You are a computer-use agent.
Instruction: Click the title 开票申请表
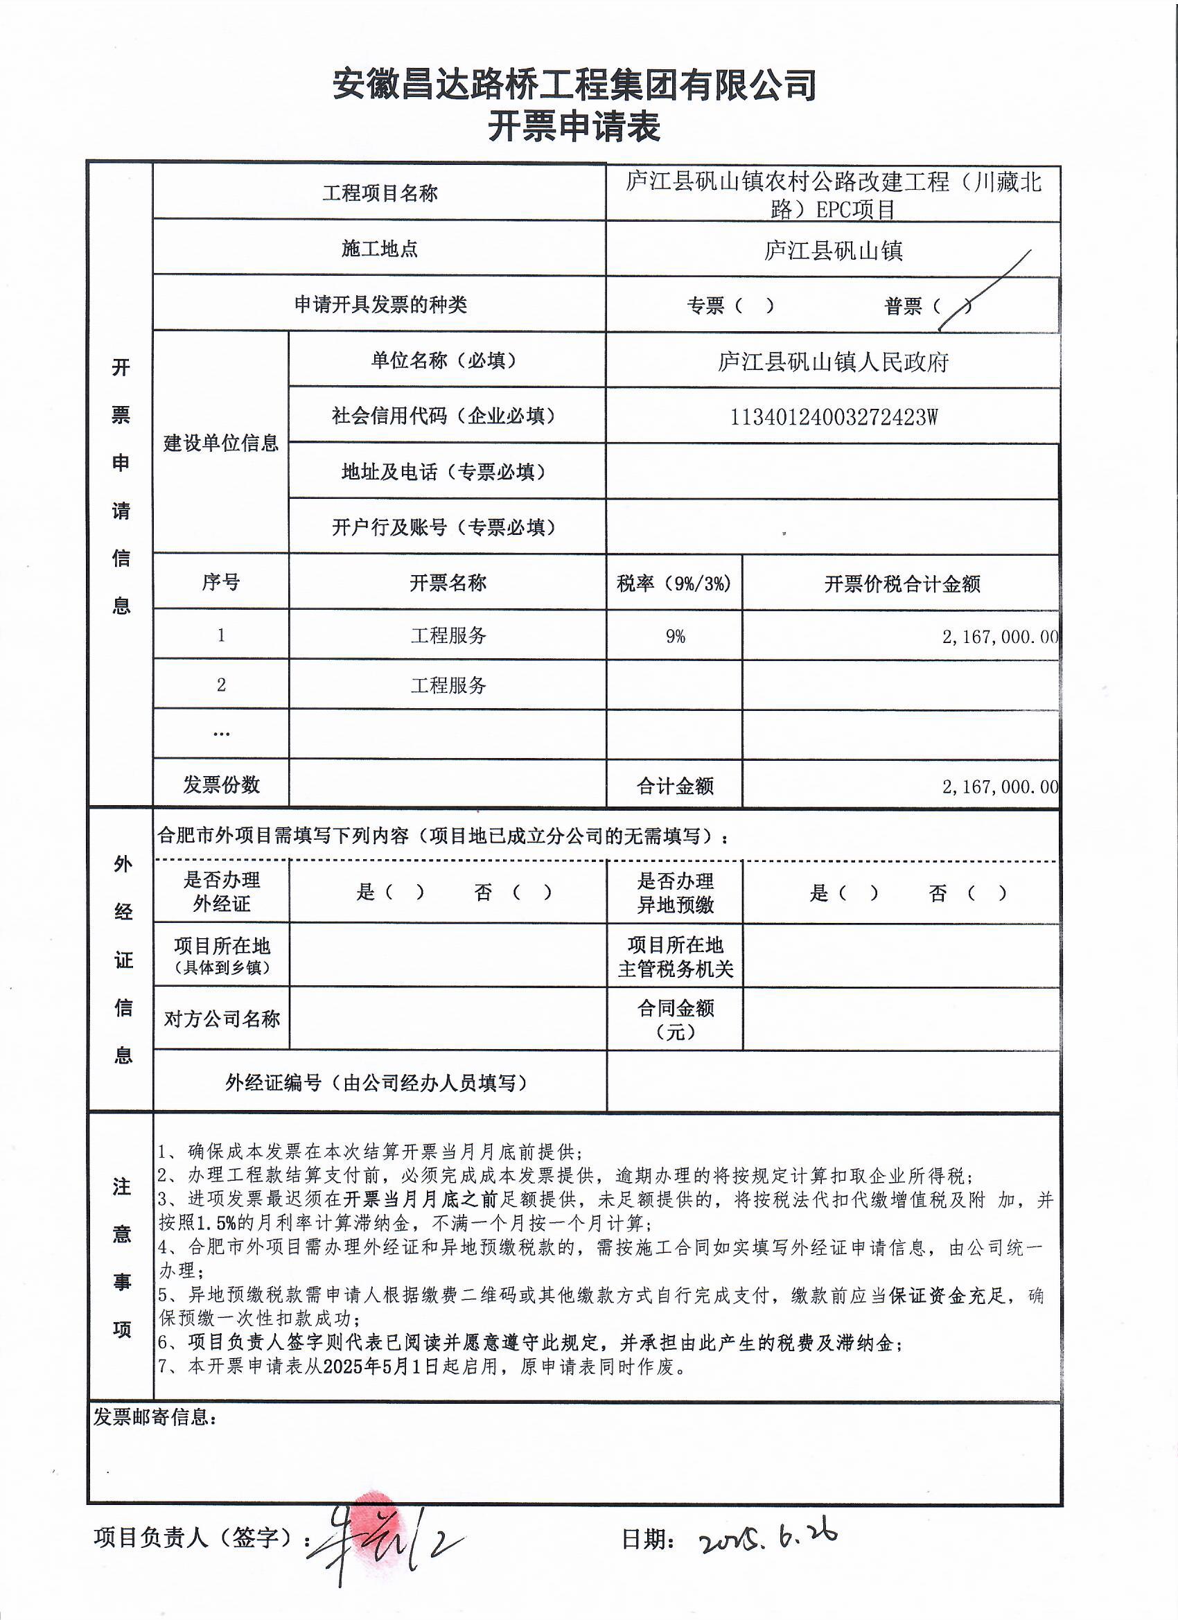click(574, 127)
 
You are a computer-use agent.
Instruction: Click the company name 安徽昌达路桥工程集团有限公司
click(574, 85)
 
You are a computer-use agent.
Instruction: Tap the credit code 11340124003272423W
click(833, 417)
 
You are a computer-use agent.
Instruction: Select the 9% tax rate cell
click(674, 635)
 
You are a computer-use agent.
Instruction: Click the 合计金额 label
click(674, 786)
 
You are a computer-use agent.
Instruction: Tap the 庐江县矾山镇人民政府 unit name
click(833, 362)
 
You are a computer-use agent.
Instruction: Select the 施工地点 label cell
click(379, 249)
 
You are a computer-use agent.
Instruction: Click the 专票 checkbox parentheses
click(753, 306)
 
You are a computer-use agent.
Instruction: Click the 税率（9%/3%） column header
click(674, 583)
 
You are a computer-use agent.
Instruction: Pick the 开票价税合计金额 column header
click(902, 584)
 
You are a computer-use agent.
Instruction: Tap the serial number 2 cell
click(221, 685)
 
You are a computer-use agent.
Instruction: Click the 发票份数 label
click(221, 785)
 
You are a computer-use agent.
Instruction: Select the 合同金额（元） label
click(675, 1019)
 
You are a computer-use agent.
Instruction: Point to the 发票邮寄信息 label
click(155, 1416)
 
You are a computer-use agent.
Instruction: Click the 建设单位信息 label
click(221, 443)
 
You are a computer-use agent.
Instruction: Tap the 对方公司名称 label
click(222, 1019)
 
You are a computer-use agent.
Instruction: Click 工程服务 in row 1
click(448, 635)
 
